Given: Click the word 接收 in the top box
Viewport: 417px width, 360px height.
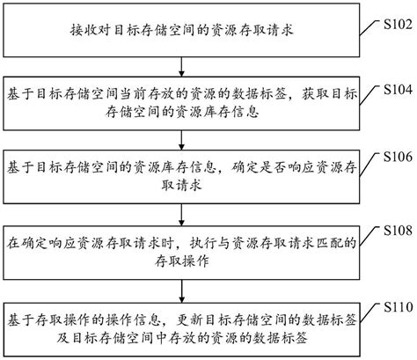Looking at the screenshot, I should [79, 29].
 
